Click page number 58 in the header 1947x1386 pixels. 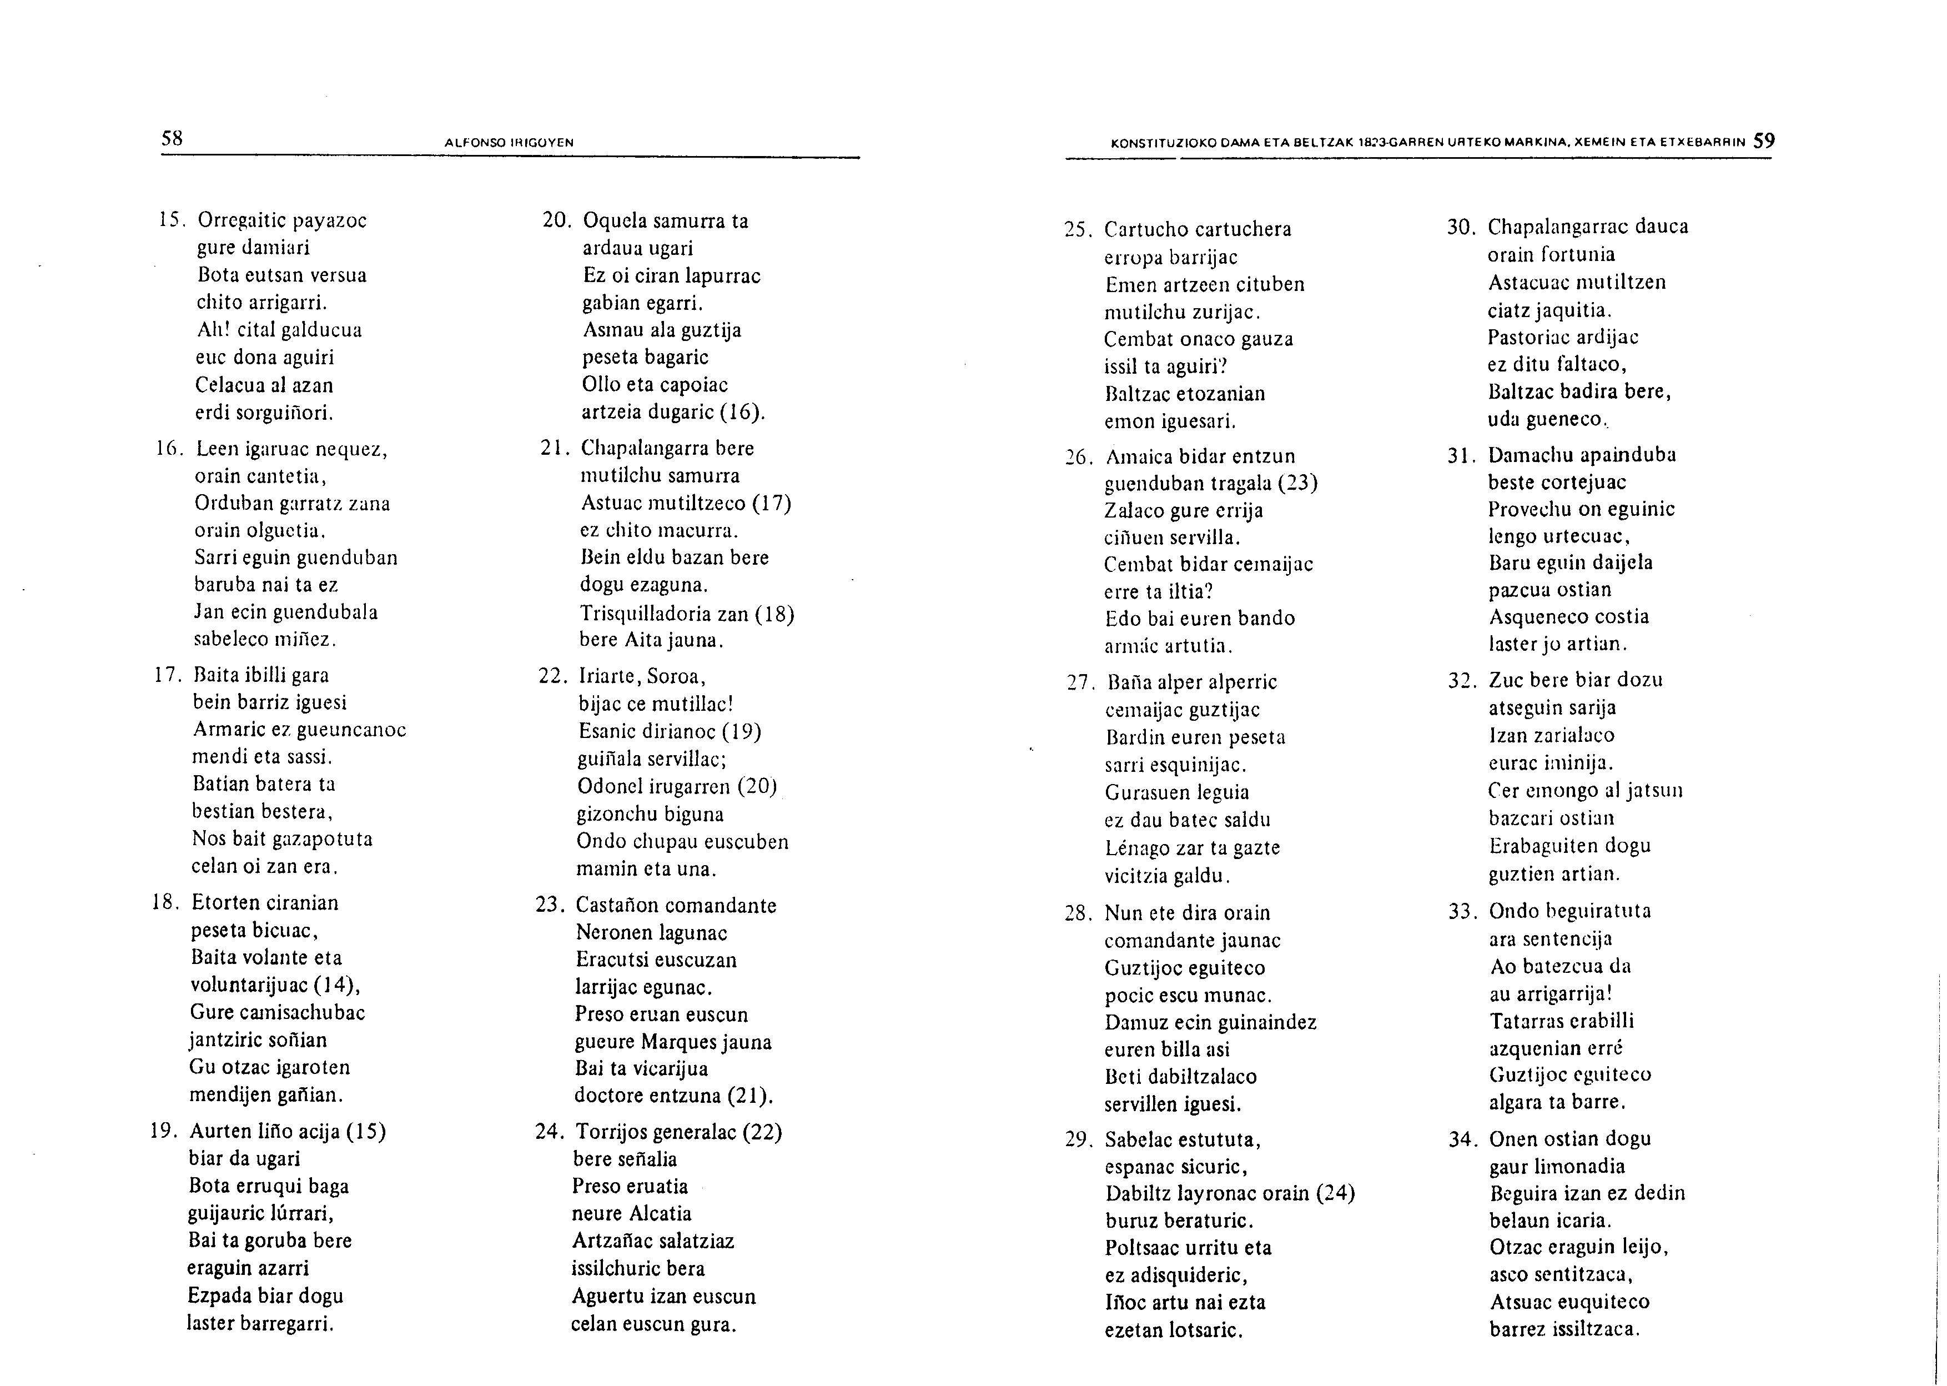click(x=172, y=138)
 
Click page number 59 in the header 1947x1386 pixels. click(x=1764, y=141)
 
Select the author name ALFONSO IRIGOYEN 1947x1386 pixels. click(x=509, y=143)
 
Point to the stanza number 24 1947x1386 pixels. click(x=550, y=1133)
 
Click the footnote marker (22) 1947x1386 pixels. click(x=762, y=1133)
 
